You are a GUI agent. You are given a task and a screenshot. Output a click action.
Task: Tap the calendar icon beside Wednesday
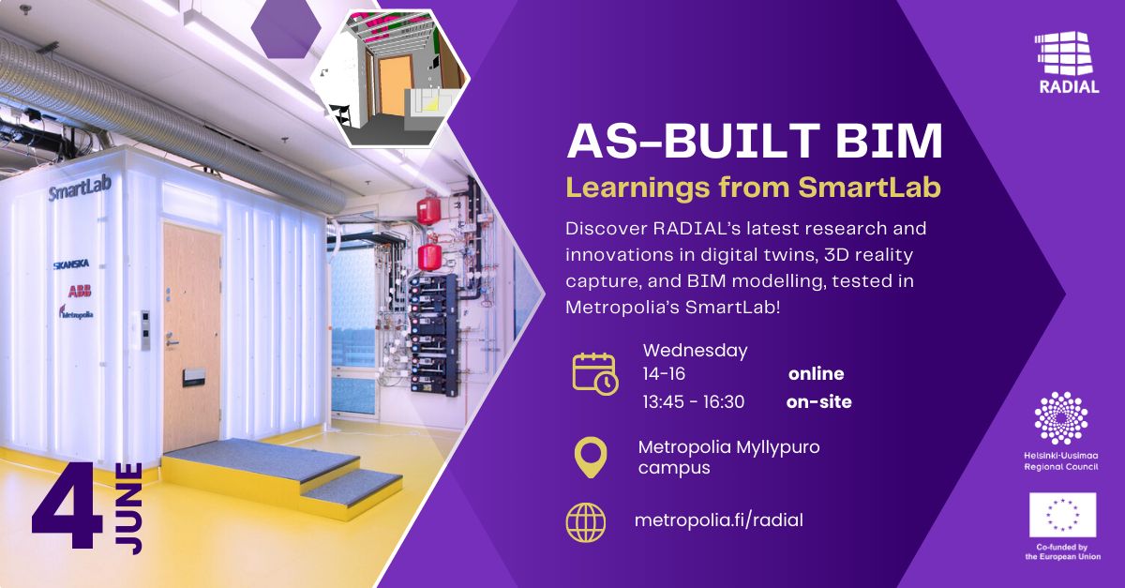pos(595,374)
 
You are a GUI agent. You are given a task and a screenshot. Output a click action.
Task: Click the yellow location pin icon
pos(591,458)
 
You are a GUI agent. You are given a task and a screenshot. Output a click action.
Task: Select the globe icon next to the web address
pos(586,522)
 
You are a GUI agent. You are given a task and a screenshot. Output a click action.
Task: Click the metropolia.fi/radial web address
pos(719,520)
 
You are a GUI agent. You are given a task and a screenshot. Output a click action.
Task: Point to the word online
pos(817,373)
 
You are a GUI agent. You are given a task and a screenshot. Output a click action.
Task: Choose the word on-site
pos(818,401)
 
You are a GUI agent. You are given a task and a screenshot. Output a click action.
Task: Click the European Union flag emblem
pos(1063,515)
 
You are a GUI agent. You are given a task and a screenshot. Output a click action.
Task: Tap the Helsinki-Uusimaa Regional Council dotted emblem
pos(1061,418)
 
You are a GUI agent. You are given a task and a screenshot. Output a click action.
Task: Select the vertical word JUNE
pos(128,508)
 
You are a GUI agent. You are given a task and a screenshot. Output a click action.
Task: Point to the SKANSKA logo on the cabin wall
pos(71,264)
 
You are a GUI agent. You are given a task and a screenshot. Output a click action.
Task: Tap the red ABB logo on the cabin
pos(80,291)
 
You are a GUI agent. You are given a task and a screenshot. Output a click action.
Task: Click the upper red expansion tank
pos(428,211)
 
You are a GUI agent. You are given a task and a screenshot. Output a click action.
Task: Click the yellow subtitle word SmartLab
pos(869,187)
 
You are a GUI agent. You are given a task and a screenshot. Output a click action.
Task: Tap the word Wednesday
pos(695,351)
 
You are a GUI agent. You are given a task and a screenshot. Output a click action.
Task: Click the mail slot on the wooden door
pos(194,377)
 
